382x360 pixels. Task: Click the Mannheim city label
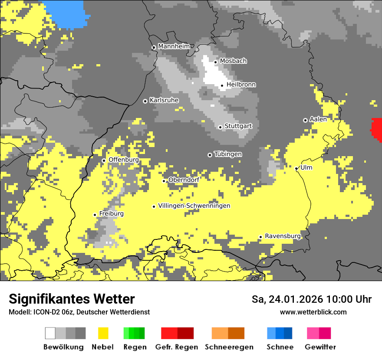(174, 46)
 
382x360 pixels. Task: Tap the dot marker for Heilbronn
(222, 85)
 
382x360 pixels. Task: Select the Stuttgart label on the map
(238, 126)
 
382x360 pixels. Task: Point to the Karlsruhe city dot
(145, 101)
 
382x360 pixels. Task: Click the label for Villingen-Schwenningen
(194, 206)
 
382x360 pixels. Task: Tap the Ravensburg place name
(283, 236)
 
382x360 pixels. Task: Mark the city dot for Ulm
(296, 168)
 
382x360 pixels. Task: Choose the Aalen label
(318, 119)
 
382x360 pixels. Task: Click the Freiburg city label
(112, 214)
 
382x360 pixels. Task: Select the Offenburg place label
(124, 160)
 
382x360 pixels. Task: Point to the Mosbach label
(233, 61)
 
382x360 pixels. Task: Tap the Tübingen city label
(228, 154)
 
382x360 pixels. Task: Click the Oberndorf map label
(184, 180)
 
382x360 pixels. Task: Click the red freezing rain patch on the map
(376, 129)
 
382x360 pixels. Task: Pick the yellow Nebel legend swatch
(103, 333)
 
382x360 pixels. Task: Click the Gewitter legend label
(320, 347)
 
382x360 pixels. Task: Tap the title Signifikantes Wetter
(72, 299)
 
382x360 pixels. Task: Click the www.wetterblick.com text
(313, 312)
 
